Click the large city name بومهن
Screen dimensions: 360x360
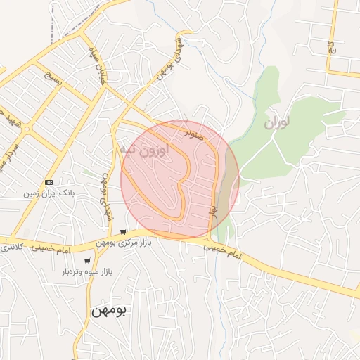(x=108, y=311)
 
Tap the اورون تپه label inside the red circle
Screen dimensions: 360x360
(x=144, y=150)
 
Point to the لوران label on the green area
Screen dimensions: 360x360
(x=277, y=124)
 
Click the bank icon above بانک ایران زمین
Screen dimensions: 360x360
(x=49, y=181)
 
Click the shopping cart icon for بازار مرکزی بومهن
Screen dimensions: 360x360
(x=123, y=232)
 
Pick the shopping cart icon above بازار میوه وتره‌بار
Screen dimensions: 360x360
(x=88, y=261)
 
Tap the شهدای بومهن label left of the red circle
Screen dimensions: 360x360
(x=107, y=198)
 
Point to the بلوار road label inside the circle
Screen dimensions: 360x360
(x=214, y=210)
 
